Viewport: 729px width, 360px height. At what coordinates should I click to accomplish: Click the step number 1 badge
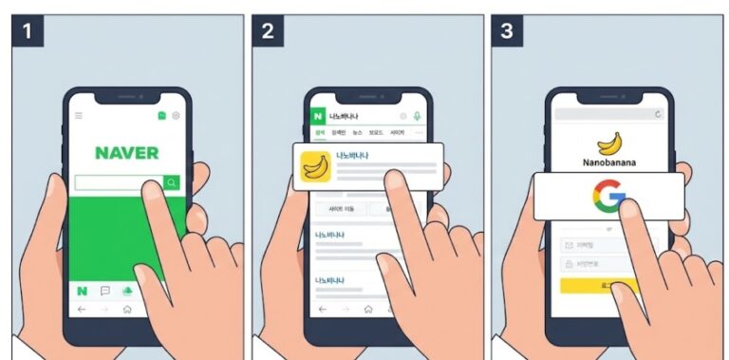[28, 31]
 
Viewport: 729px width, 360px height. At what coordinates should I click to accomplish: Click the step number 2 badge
[268, 31]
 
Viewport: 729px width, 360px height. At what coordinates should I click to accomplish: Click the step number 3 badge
[507, 31]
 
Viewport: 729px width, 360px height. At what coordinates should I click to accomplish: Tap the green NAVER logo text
[127, 152]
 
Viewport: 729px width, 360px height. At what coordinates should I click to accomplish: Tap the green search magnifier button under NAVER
[171, 182]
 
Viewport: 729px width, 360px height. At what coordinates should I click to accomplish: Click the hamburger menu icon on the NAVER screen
[79, 116]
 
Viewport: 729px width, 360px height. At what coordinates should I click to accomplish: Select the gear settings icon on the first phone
[176, 116]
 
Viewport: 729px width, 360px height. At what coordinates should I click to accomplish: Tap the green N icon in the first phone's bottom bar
[83, 291]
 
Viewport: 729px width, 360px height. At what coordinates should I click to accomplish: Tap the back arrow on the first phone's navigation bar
[82, 310]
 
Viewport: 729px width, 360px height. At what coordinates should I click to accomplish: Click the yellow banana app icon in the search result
[315, 166]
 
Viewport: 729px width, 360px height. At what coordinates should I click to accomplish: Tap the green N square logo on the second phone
[317, 116]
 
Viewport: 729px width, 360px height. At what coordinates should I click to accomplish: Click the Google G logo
[608, 198]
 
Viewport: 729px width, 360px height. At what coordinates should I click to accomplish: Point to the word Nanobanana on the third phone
[607, 163]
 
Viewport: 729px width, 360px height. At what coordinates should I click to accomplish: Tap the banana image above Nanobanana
[608, 142]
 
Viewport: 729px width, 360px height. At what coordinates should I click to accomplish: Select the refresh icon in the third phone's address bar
[657, 114]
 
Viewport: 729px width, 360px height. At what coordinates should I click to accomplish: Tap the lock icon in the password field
[569, 264]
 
